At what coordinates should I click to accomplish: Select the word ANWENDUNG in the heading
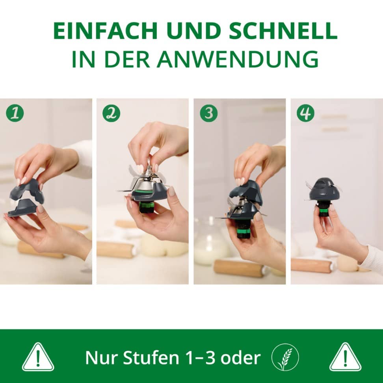237,59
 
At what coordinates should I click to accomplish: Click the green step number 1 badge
15,113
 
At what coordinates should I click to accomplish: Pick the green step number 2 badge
111,113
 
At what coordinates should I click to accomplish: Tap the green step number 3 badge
208,113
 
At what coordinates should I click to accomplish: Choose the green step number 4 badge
305,113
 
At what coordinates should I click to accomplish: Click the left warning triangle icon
38,357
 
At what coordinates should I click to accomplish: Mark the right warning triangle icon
345,357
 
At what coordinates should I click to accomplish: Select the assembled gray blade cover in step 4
324,190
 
